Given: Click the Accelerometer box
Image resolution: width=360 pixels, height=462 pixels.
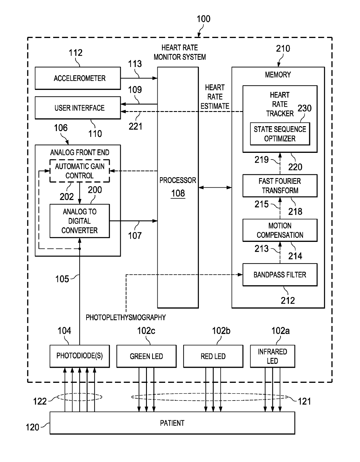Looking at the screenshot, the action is pyautogui.click(x=78, y=78).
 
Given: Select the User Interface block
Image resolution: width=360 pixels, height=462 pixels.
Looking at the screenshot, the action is pyautogui.click(x=78, y=108).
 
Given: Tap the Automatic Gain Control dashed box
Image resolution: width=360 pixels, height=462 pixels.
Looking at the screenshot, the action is pyautogui.click(x=80, y=171).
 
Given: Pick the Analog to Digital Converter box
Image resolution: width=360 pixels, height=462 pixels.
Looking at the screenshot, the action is pyautogui.click(x=80, y=221).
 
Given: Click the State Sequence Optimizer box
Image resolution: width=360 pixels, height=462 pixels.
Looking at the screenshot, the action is pyautogui.click(x=280, y=134).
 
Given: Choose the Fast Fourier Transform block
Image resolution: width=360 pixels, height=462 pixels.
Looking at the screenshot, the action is pyautogui.click(x=280, y=186).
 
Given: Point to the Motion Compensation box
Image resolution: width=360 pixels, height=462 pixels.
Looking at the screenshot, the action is pyautogui.click(x=280, y=230).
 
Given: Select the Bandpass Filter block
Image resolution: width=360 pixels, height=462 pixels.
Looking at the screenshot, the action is pyautogui.click(x=280, y=275).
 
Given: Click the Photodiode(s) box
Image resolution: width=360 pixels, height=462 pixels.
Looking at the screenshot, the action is pyautogui.click(x=80, y=356).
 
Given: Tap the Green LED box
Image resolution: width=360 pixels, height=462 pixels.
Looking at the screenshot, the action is pyautogui.click(x=146, y=356).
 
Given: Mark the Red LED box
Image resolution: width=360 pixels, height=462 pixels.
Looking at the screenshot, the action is pyautogui.click(x=213, y=356).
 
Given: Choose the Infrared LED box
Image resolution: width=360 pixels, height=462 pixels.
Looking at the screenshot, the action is pyautogui.click(x=273, y=356).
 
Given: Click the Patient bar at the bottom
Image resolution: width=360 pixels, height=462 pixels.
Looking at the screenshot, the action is pyautogui.click(x=172, y=423).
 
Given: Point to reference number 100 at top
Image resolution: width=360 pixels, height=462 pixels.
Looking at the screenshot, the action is pyautogui.click(x=204, y=19).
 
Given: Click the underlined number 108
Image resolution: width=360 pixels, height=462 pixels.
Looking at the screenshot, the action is pyautogui.click(x=178, y=193).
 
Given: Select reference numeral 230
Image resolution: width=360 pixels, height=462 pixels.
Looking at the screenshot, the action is pyautogui.click(x=305, y=108).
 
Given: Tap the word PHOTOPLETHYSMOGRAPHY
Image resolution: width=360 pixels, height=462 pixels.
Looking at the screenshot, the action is pyautogui.click(x=126, y=318).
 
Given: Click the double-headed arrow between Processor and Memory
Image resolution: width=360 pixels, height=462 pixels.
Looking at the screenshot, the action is pyautogui.click(x=215, y=188).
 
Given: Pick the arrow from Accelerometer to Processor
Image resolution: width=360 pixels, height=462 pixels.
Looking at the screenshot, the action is pyautogui.click(x=139, y=78).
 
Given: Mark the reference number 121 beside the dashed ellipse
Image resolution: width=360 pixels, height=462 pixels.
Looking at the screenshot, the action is pyautogui.click(x=304, y=401).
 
